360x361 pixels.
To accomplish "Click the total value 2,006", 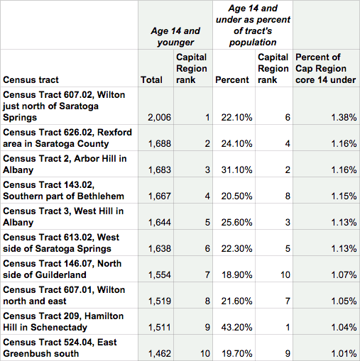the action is tap(159, 118).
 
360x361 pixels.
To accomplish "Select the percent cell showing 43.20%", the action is tap(236, 328).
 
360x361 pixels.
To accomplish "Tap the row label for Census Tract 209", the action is tap(63, 322).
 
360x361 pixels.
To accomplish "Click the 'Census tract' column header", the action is tap(31, 80).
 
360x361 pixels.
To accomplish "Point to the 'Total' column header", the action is tap(151, 80).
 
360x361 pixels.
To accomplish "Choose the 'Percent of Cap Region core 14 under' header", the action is tap(326, 69).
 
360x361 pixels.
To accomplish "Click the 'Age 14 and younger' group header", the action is tap(175, 37).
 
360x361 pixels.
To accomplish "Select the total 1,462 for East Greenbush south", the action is tap(160, 354).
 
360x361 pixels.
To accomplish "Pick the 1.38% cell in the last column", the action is tap(344, 118).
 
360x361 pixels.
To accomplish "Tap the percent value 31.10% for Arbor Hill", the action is tap(236, 170).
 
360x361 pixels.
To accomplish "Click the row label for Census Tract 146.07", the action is tap(62, 270).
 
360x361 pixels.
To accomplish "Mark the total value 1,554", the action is tap(160, 275).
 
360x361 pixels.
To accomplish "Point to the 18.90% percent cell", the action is tap(237, 275).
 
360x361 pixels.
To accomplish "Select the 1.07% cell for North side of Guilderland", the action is tap(344, 275).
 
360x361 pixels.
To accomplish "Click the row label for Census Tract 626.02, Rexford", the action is tap(67, 138).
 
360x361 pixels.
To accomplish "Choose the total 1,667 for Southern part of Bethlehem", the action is tap(160, 196).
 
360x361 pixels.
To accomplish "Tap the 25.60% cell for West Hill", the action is tap(236, 223).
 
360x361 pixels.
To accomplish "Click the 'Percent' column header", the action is tap(232, 80).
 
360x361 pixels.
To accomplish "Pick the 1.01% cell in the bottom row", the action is tap(344, 354).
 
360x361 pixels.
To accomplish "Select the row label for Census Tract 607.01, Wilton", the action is tap(64, 296).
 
